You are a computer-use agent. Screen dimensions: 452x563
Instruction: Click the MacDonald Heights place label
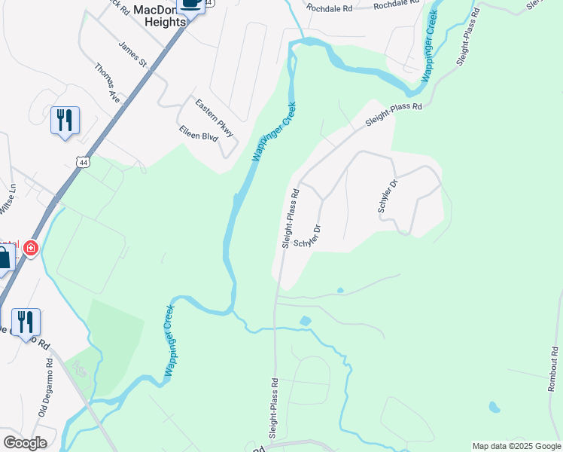click(160, 16)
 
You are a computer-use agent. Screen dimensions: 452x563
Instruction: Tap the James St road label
click(132, 53)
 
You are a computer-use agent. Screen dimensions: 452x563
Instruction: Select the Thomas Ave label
click(108, 82)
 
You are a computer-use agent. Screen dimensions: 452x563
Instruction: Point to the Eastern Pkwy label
click(215, 118)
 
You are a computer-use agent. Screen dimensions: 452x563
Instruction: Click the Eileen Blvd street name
click(198, 136)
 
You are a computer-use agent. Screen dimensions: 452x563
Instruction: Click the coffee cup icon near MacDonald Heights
click(191, 5)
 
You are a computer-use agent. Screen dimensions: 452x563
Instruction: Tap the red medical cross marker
click(31, 248)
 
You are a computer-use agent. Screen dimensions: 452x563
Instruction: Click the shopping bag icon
click(5, 258)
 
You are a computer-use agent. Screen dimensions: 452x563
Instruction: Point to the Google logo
click(25, 443)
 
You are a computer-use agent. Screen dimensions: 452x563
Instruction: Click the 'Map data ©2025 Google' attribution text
click(516, 446)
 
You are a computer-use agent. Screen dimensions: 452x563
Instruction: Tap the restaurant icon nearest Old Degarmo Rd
click(25, 322)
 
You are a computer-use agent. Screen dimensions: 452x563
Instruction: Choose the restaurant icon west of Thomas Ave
click(65, 120)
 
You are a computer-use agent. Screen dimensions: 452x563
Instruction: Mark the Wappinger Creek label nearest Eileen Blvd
click(274, 132)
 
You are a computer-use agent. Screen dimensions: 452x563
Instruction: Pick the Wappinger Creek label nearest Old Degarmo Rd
click(169, 340)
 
